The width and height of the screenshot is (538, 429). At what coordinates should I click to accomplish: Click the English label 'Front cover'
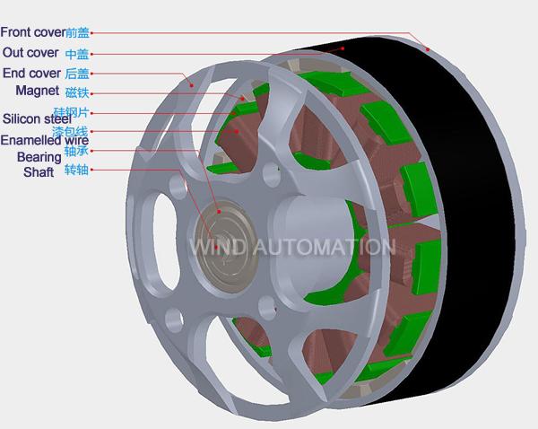pos(33,32)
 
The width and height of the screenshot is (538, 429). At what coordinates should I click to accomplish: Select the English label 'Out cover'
pos(30,53)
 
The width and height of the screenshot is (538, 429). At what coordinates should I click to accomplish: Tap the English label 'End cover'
pos(31,74)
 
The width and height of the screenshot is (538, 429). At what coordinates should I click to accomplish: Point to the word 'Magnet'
pos(38,91)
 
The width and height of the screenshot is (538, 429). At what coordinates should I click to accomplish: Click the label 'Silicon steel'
pos(37,118)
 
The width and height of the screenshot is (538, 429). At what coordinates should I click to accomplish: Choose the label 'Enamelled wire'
pos(45,140)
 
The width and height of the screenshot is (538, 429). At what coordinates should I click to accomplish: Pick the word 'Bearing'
pos(39,157)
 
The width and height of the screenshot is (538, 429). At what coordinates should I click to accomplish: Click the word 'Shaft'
pos(39,172)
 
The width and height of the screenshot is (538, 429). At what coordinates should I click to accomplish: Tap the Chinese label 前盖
pos(77,32)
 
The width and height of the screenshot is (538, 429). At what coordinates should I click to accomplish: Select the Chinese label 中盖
pos(77,54)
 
